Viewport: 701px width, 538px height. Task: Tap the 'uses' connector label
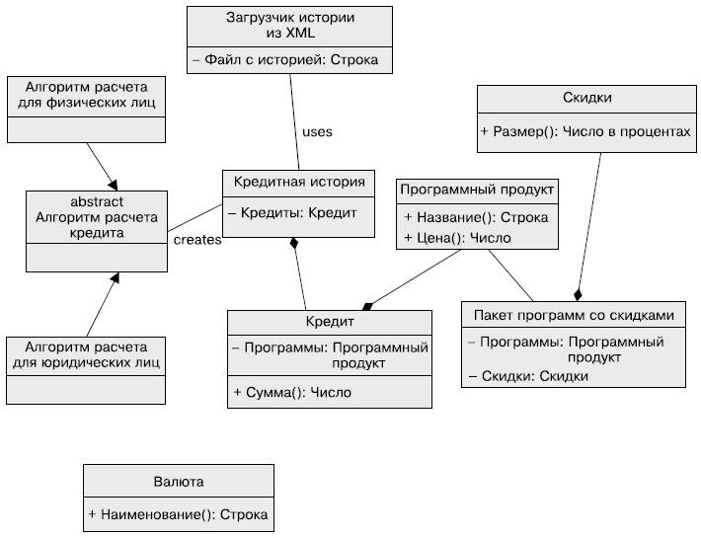click(x=317, y=131)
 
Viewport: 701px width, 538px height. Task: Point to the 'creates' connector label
click(x=196, y=240)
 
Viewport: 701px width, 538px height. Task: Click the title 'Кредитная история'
click(x=299, y=182)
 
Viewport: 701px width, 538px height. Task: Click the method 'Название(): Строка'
click(x=476, y=217)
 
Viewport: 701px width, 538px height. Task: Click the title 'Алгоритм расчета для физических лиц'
click(x=83, y=94)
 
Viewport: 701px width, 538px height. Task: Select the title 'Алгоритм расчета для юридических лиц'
click(x=83, y=355)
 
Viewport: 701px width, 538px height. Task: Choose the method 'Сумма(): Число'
click(x=292, y=392)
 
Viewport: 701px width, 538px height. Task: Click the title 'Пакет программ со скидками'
click(x=574, y=316)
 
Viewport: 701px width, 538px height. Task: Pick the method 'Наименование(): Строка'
click(x=178, y=514)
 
